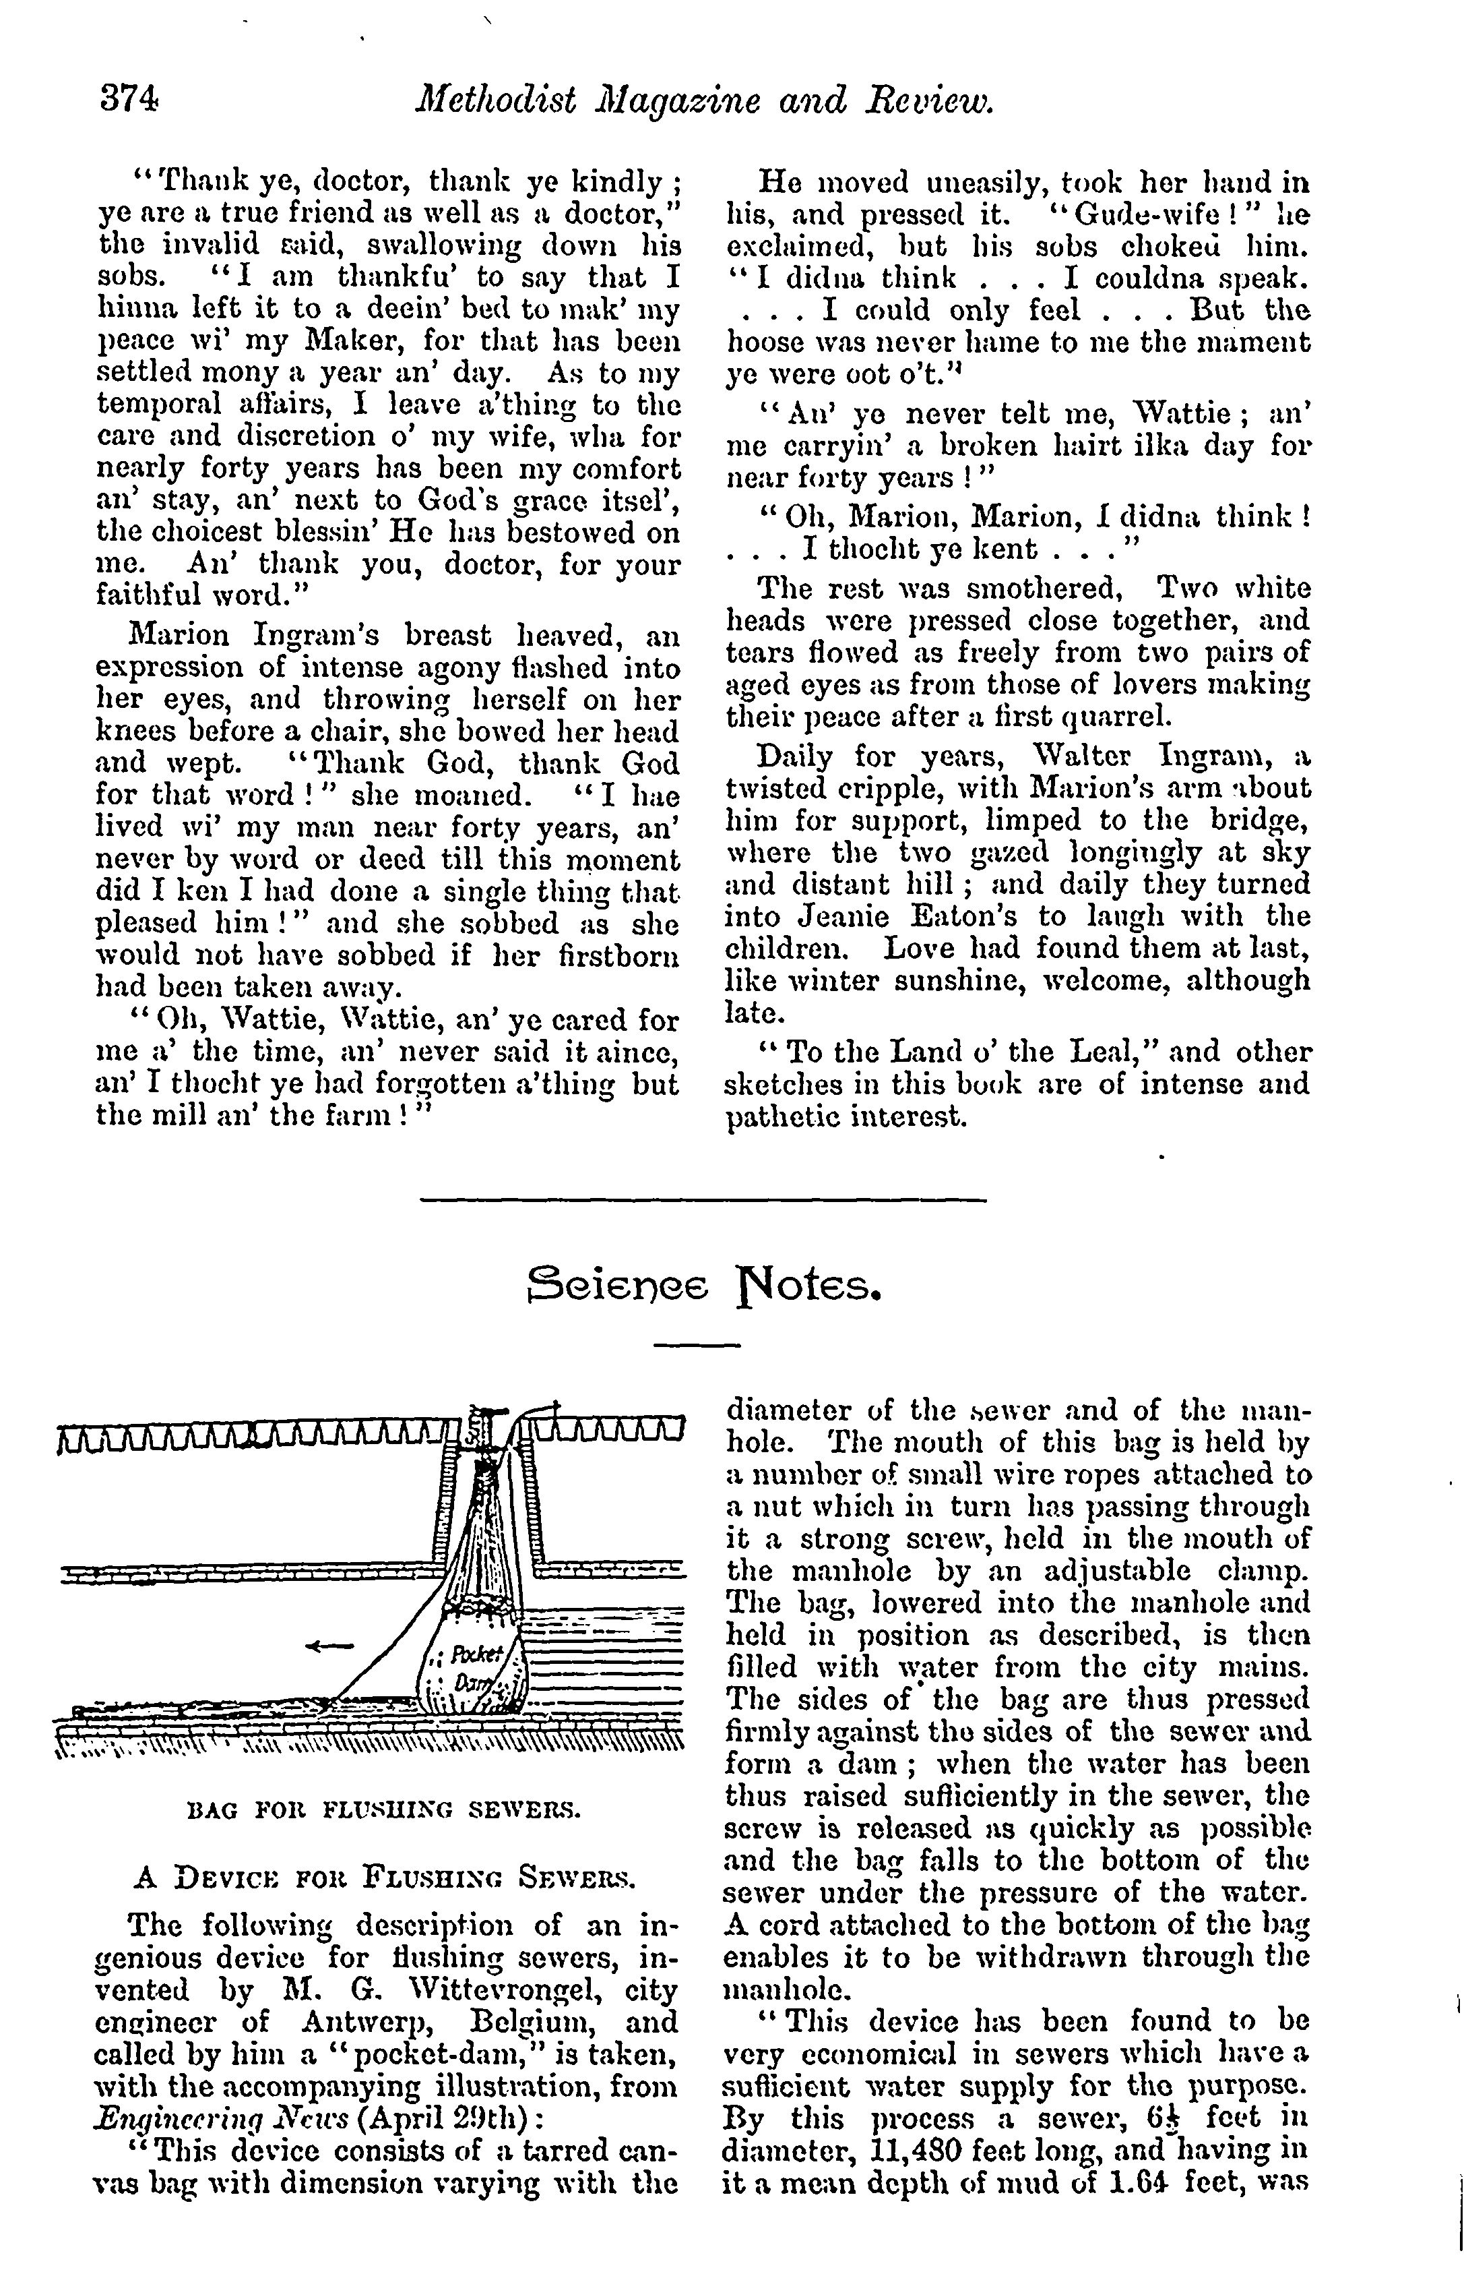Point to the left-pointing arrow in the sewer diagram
pyautogui.click(x=329, y=1644)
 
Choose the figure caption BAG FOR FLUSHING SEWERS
pyautogui.click(x=384, y=1809)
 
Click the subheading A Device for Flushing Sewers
pyautogui.click(x=384, y=1878)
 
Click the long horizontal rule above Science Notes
pyautogui.click(x=703, y=1200)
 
